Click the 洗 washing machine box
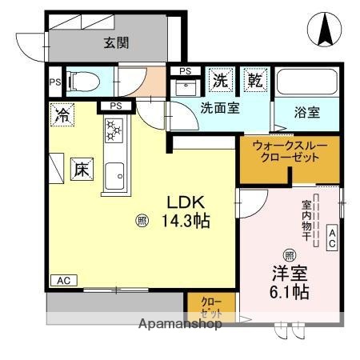219,80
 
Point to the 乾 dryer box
254,80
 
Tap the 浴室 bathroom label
306,112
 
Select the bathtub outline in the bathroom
306,83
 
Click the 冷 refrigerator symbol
62,114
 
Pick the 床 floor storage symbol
82,170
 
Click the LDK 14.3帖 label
187,212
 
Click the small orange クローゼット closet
211,308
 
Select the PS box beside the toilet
54,82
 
